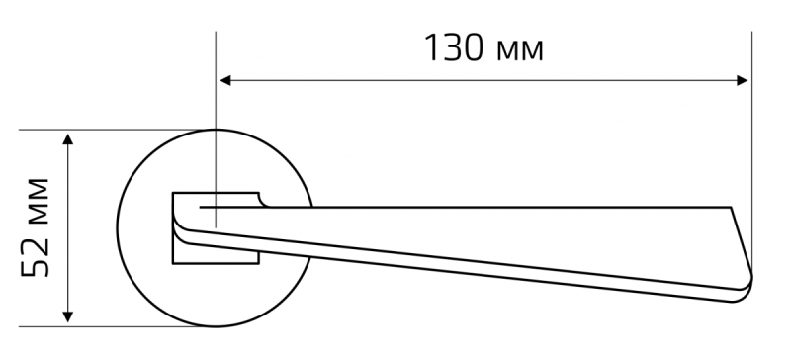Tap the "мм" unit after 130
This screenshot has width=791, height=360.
(520, 51)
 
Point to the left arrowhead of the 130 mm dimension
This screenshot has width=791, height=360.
(225, 80)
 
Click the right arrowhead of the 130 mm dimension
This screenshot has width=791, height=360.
(743, 80)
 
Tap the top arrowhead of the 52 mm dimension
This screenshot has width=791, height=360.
(68, 138)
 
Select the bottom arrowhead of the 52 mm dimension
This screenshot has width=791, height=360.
(68, 317)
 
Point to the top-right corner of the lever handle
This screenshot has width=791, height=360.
(731, 207)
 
